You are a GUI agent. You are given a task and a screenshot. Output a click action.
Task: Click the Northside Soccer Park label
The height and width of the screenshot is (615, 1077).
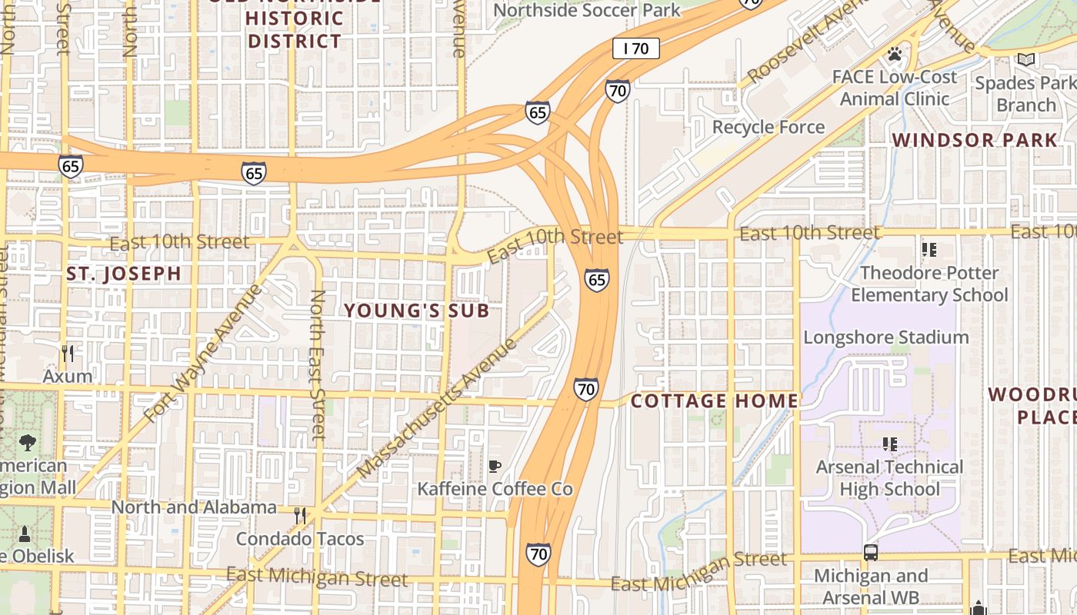coord(587,10)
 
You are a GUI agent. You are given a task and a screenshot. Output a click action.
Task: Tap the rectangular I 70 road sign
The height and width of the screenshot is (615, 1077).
coord(636,48)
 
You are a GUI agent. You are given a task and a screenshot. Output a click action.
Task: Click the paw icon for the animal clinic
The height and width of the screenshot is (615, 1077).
coord(894,54)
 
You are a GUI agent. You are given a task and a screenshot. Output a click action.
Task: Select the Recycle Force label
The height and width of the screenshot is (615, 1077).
coord(768,127)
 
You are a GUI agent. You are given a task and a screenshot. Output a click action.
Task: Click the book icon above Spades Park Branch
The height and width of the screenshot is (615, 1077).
coord(1026,59)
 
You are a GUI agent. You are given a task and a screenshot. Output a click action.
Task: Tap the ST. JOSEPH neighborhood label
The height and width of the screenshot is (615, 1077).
coord(124,274)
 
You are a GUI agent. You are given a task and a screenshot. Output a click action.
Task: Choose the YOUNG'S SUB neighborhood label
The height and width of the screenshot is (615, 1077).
coord(416,311)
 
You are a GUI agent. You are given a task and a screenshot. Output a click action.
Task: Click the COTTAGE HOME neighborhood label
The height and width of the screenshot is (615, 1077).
coord(715,401)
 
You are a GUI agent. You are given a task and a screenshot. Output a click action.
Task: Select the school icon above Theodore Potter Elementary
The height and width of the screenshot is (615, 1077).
coord(929,250)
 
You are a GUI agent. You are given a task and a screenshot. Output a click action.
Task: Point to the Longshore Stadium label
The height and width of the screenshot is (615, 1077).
coord(885,337)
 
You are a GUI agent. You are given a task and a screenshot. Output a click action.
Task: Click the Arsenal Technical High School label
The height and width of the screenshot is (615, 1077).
coord(889,478)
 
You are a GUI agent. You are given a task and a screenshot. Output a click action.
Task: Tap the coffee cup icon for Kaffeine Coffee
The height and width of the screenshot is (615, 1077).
coord(495,466)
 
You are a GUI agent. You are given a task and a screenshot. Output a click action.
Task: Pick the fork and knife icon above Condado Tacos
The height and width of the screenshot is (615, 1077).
coord(300,515)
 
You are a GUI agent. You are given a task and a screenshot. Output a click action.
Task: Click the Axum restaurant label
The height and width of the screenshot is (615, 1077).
coord(68,377)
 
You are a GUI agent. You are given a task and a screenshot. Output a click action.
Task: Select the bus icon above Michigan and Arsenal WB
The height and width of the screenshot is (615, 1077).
coord(870,553)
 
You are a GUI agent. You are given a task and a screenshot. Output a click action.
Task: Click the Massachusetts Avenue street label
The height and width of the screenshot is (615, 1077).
coord(438,407)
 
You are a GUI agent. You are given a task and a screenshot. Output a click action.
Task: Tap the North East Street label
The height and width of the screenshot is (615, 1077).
coord(317,364)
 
